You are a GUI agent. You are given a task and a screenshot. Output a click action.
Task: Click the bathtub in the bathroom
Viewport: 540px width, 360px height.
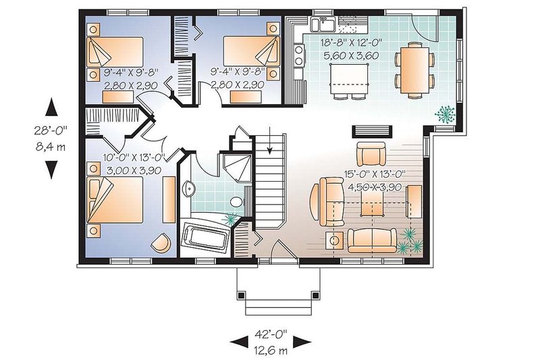coord(207,238)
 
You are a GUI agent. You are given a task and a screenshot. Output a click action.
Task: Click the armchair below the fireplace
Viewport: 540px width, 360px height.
coord(371,154)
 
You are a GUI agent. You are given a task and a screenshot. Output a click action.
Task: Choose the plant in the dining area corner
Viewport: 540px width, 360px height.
coord(445,113)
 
